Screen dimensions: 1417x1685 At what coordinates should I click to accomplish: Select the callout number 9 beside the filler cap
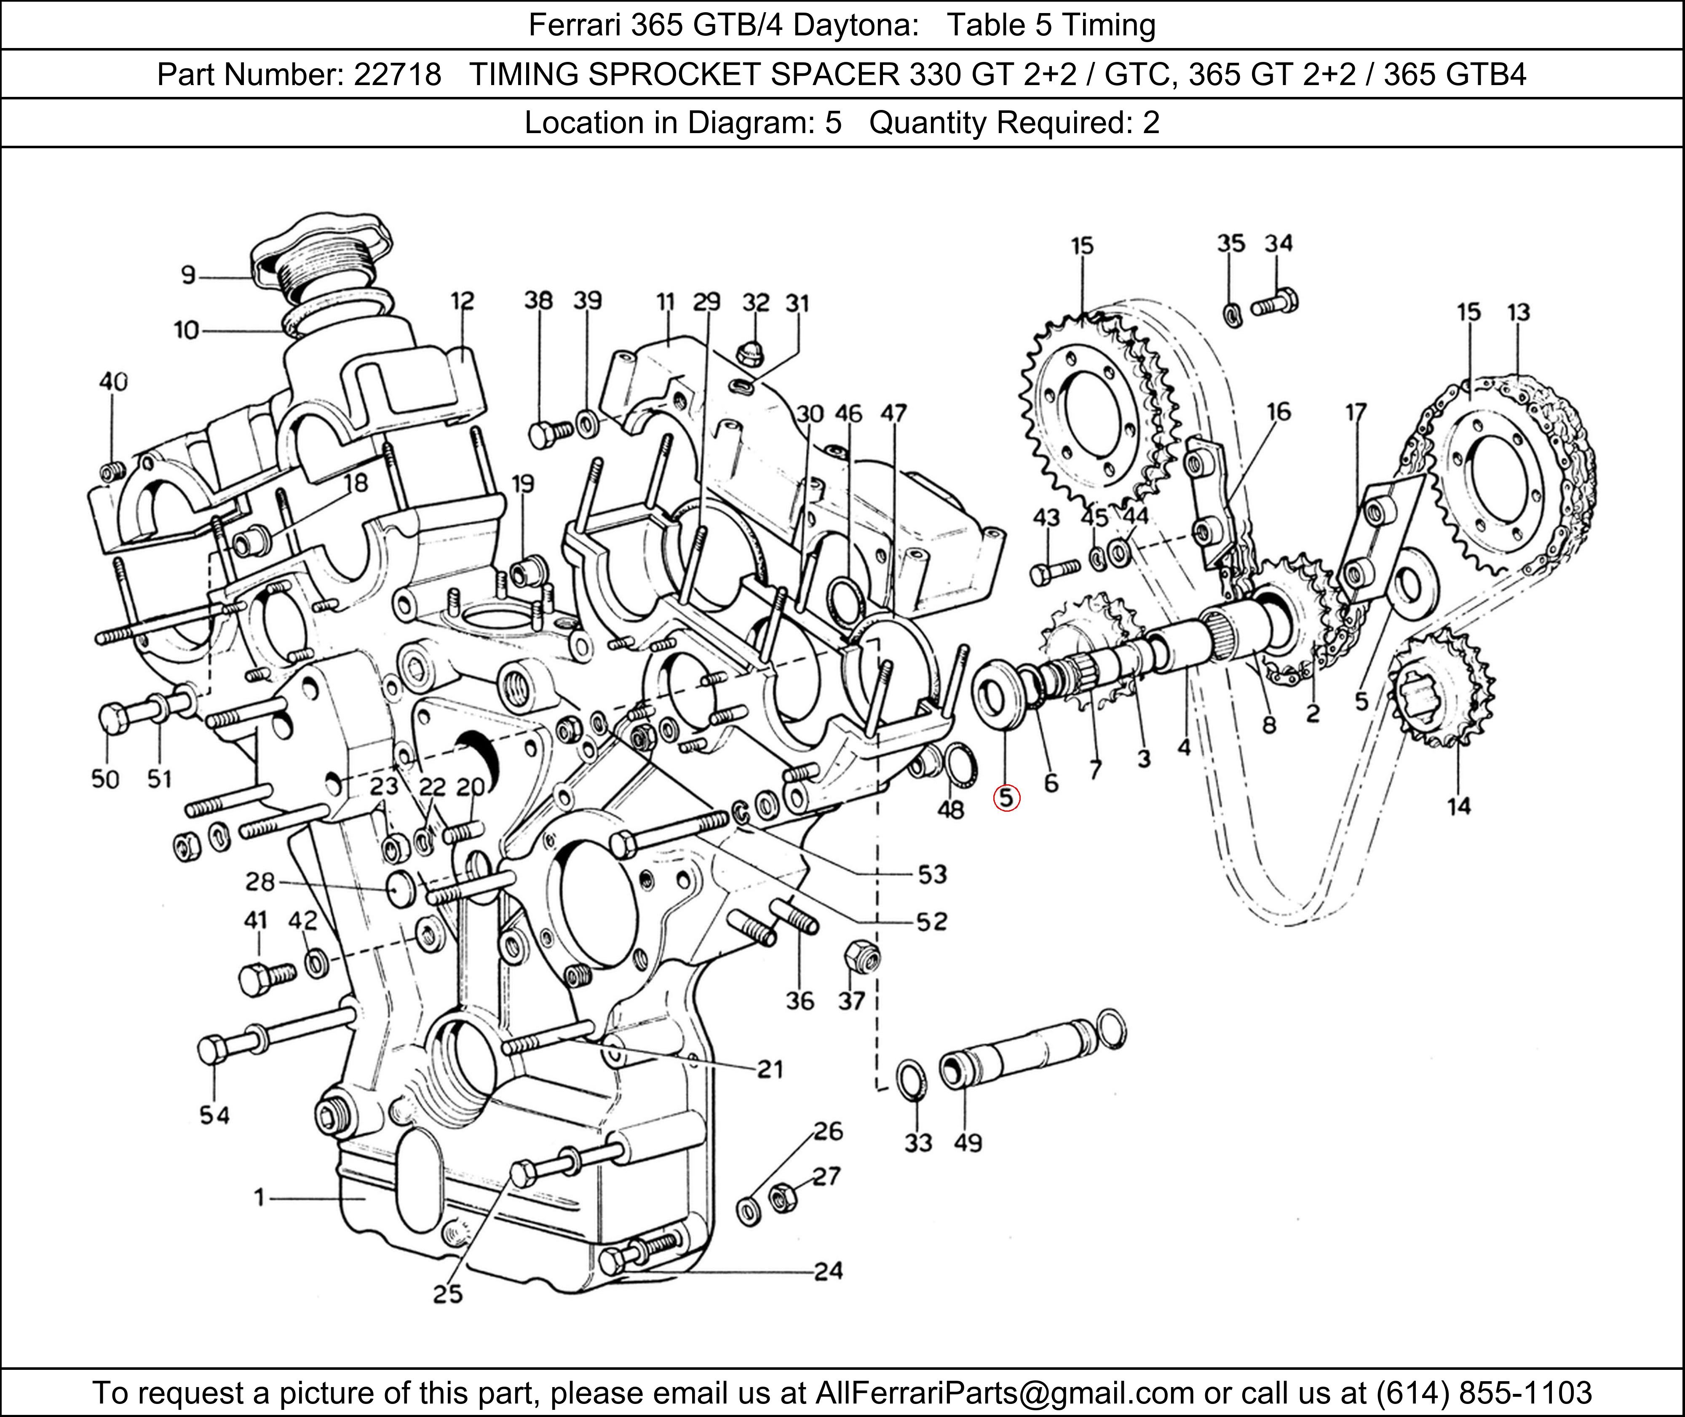188,275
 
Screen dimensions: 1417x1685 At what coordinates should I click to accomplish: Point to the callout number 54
214,1115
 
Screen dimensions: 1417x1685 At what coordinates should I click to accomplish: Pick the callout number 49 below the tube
968,1142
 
